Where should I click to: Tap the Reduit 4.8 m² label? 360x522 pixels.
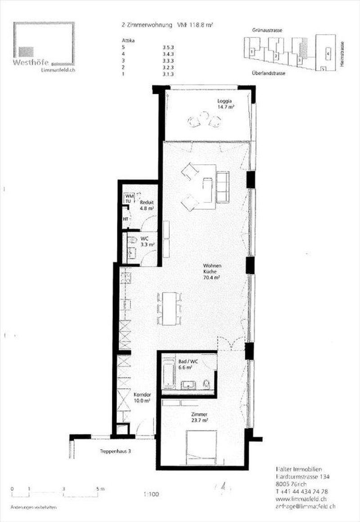coord(146,205)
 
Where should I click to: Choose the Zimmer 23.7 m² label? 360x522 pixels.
coord(198,417)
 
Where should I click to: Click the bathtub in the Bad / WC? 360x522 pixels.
coord(168,373)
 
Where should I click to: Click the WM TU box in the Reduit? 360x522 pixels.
coord(130,198)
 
